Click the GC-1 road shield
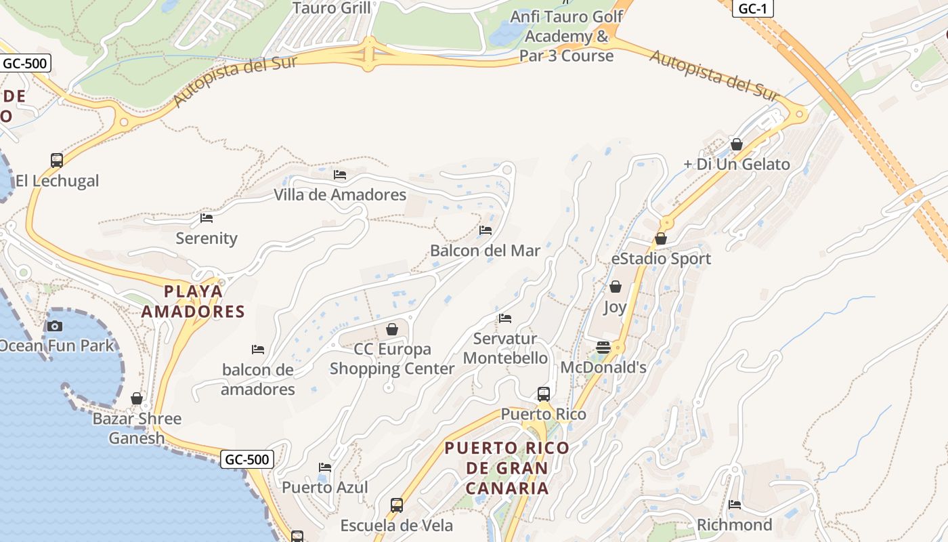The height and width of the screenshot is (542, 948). (752, 9)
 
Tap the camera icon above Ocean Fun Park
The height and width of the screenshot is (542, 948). (55, 326)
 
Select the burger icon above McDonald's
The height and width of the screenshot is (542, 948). (603, 348)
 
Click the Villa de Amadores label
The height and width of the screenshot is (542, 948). (340, 195)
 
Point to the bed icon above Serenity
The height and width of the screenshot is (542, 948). (207, 218)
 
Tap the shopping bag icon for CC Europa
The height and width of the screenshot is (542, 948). (391, 329)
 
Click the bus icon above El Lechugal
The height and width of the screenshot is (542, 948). (57, 161)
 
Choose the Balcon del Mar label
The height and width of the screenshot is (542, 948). (485, 251)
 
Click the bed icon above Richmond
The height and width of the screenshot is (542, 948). (735, 505)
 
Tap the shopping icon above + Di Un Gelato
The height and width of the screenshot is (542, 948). (737, 144)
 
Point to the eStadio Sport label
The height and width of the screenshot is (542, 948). (661, 259)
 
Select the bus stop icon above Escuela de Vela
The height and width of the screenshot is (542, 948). (397, 505)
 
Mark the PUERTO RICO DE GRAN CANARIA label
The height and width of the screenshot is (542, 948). (507, 467)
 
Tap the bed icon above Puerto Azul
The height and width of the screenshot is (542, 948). (325, 467)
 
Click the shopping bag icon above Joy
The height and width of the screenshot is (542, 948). (616, 287)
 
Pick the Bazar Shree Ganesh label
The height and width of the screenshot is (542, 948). (137, 428)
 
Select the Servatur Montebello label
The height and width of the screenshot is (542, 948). (505, 348)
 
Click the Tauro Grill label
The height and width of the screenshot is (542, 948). (332, 8)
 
